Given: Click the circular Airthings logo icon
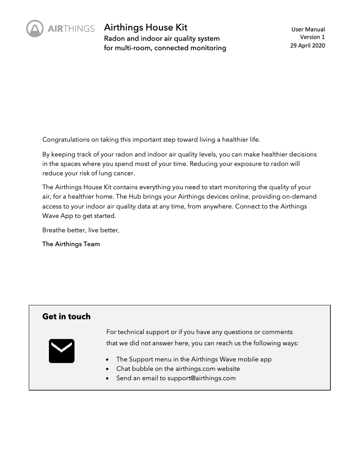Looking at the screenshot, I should [35, 29].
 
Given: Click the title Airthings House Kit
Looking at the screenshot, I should [145, 28].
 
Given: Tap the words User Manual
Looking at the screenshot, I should [308, 30].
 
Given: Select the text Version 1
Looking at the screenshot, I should [312, 37].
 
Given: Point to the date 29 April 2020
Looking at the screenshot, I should [307, 45].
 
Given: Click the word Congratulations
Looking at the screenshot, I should [64, 139].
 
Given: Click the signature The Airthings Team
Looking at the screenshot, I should [71, 244].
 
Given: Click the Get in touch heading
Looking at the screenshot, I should [66, 317].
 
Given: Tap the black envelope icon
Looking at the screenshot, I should [61, 351].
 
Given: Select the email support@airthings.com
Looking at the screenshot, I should [202, 378].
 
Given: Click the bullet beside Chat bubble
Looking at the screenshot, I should [107, 369].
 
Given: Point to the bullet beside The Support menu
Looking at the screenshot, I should [107, 360].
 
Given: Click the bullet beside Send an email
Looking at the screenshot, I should [107, 378].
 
